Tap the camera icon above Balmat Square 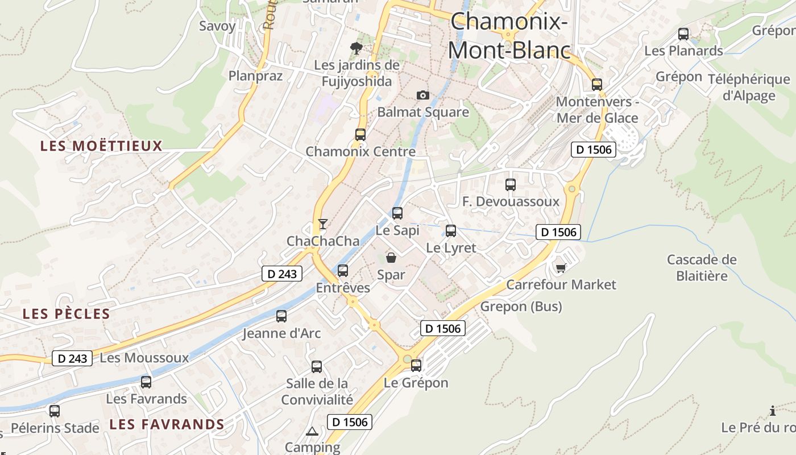[x=422, y=95]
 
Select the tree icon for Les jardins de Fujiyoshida [x=356, y=48]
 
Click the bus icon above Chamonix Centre [x=360, y=135]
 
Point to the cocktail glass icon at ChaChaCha [x=323, y=224]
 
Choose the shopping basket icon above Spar [x=391, y=258]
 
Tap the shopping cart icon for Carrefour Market [x=561, y=267]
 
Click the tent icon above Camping [x=311, y=431]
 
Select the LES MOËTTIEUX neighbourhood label [x=101, y=146]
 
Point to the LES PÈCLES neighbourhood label [x=66, y=314]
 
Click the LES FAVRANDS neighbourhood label [x=167, y=424]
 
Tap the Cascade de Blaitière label [x=702, y=268]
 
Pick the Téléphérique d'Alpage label [x=749, y=87]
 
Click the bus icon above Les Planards [x=683, y=34]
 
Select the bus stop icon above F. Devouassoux [x=511, y=185]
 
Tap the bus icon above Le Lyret [x=451, y=231]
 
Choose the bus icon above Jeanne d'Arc [x=281, y=316]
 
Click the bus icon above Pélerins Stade [x=55, y=411]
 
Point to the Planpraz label [x=255, y=76]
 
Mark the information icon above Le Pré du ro [x=772, y=411]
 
